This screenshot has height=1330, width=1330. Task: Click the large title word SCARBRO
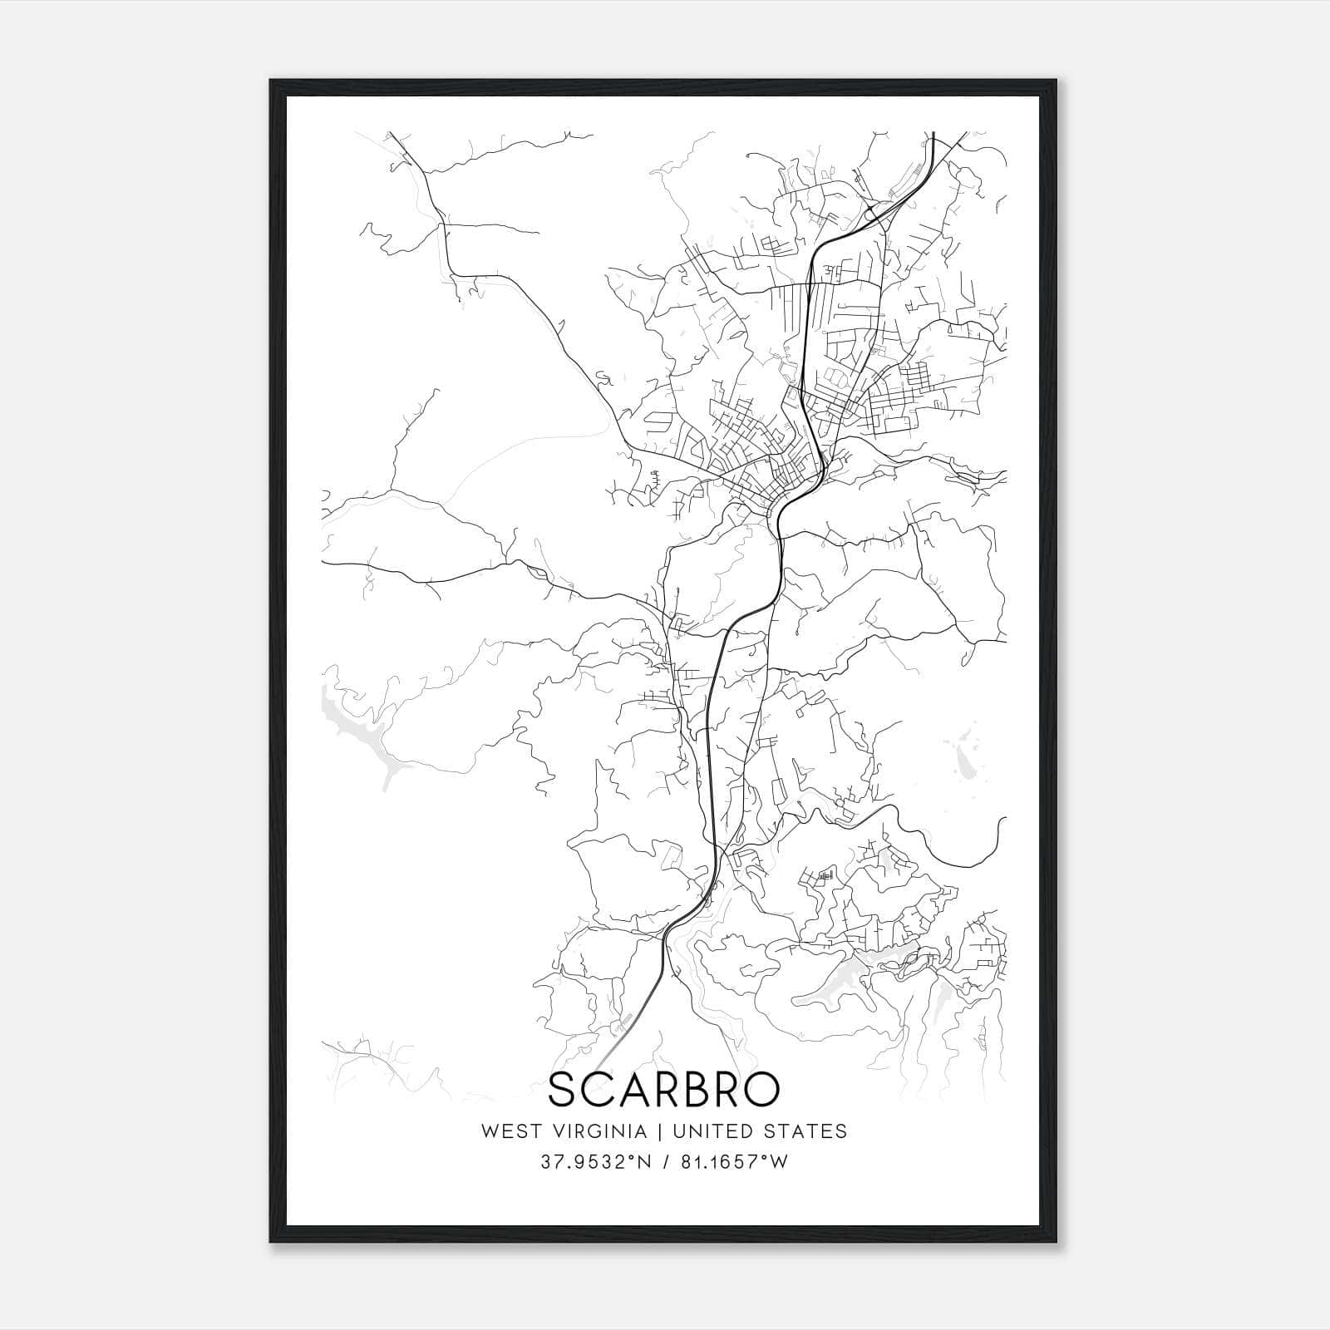pyautogui.click(x=664, y=1090)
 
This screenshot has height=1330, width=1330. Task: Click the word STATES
pyautogui.click(x=805, y=1131)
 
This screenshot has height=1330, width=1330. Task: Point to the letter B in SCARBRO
pyautogui.click(x=692, y=1090)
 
